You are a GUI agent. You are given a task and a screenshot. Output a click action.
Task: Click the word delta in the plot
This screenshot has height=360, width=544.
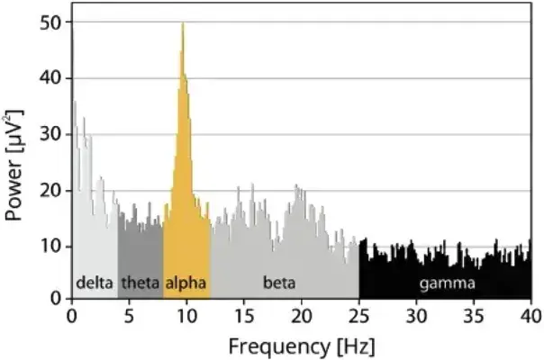click(95, 283)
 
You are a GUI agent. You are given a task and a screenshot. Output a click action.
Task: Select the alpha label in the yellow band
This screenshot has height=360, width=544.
click(186, 283)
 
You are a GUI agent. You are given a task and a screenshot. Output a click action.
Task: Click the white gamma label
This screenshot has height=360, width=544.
click(447, 283)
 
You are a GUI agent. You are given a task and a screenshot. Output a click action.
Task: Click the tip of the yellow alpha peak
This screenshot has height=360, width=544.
click(183, 24)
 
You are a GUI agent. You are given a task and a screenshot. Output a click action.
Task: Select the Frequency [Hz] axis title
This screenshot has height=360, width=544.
click(301, 345)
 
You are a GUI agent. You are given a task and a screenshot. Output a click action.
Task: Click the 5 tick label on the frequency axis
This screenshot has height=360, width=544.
click(130, 316)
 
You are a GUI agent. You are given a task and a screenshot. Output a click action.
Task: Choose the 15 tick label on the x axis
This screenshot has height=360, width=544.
click(244, 316)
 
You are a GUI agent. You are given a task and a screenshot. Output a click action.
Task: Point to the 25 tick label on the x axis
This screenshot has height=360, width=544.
click(359, 316)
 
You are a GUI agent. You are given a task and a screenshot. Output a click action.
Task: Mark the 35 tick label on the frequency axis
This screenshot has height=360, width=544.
click(474, 316)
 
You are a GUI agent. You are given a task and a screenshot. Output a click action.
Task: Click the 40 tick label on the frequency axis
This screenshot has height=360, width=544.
click(530, 316)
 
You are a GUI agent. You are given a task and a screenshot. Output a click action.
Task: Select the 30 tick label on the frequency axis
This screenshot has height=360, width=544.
click(416, 316)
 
